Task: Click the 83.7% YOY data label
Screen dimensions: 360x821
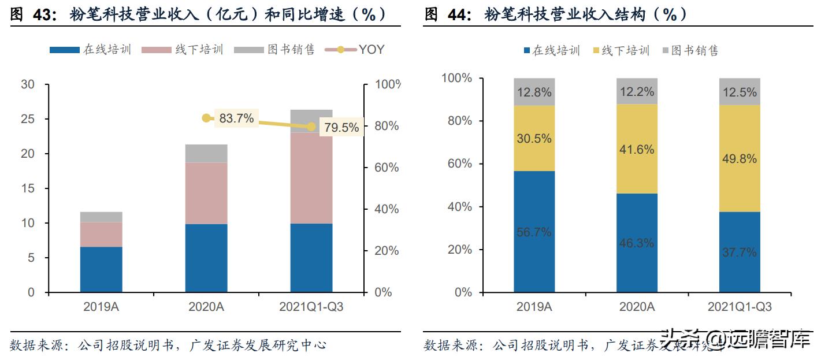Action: [x=236, y=118]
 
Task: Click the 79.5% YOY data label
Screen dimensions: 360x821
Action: [x=341, y=128]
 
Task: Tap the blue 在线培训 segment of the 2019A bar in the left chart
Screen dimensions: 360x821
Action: [x=101, y=269]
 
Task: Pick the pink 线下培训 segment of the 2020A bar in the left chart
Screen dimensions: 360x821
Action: [x=206, y=193]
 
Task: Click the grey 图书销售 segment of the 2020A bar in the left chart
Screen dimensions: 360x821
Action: [x=206, y=153]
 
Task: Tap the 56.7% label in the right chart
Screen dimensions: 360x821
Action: [x=533, y=232]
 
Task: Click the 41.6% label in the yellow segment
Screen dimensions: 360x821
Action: [x=636, y=150]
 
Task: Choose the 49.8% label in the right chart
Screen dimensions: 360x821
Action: [x=739, y=158]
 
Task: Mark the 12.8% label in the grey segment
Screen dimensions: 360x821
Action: [x=533, y=92]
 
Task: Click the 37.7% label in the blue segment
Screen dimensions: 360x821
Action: [x=739, y=253]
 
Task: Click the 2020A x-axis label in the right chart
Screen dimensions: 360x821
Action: [x=636, y=307]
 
